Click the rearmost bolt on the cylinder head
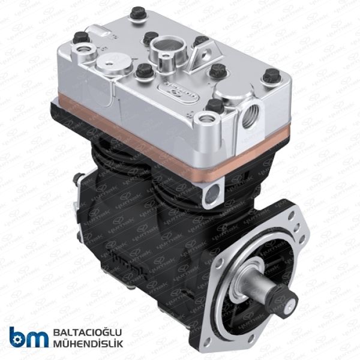pos(138,11)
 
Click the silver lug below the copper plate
pos(212,193)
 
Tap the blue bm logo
pos(28,337)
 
